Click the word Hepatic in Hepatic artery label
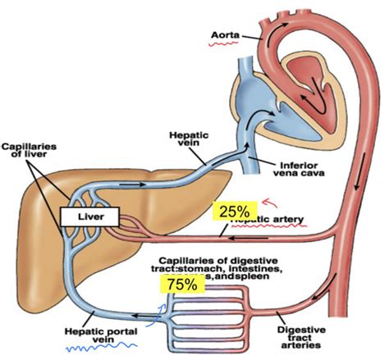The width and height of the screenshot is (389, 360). coord(250,221)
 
